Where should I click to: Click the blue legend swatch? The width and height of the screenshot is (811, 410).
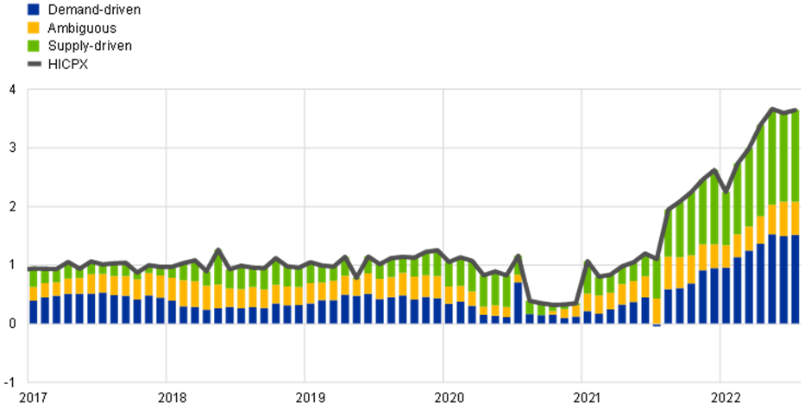pos(33,9)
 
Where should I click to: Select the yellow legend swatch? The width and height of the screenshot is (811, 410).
pos(33,28)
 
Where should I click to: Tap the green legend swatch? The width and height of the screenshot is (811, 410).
pos(33,46)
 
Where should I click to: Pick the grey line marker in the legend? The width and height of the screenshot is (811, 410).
pos(35,64)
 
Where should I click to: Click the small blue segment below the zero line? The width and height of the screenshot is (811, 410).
pos(657,325)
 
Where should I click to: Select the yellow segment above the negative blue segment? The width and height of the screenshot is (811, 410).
pos(657,311)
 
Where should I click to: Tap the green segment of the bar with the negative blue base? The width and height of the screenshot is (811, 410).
pos(657,276)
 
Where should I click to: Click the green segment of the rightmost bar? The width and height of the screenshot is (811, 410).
pos(795,155)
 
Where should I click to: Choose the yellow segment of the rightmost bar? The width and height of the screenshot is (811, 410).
pos(795,218)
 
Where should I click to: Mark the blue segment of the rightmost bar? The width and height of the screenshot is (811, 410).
pos(795,279)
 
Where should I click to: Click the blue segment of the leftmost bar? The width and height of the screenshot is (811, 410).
pos(34,312)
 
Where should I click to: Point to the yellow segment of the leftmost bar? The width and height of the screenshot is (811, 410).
pos(34,293)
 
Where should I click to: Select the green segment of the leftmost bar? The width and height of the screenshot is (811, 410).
pos(34,278)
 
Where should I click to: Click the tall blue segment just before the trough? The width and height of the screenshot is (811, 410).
pos(518,302)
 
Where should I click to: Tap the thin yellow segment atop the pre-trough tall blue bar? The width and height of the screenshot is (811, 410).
pos(518,278)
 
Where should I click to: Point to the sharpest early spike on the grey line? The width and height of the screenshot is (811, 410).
pos(217,249)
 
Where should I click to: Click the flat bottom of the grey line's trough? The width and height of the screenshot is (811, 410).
pos(553,305)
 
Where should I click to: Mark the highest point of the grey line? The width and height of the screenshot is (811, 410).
pos(772,109)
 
